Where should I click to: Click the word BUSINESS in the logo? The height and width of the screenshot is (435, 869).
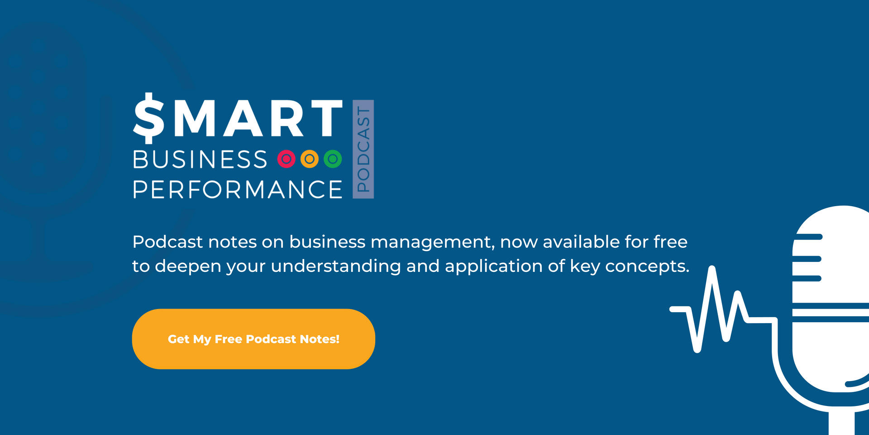pyautogui.click(x=200, y=159)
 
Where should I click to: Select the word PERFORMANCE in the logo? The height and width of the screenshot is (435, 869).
pyautogui.click(x=238, y=189)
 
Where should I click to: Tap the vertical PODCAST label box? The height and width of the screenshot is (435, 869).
pyautogui.click(x=363, y=149)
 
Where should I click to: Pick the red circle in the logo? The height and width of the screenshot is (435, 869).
pyautogui.click(x=286, y=159)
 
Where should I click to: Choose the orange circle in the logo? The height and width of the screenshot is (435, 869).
pyautogui.click(x=310, y=159)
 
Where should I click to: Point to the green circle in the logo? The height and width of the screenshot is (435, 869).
pyautogui.click(x=333, y=159)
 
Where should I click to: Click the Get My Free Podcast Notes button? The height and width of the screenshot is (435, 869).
pyautogui.click(x=253, y=339)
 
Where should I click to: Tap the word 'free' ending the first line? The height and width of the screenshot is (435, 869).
pyautogui.click(x=670, y=242)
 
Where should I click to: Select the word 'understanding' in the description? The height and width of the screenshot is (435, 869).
pyautogui.click(x=336, y=266)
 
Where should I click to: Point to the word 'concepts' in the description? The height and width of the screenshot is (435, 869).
pyautogui.click(x=647, y=266)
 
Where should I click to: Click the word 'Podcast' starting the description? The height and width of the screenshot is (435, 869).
pyautogui.click(x=167, y=242)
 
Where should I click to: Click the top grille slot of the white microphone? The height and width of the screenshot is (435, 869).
pyautogui.click(x=808, y=237)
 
